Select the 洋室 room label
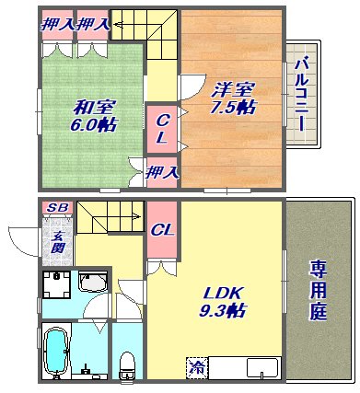pyautogui.click(x=231, y=89)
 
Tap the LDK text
pyautogui.click(x=221, y=294)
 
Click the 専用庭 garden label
pyautogui.click(x=319, y=290)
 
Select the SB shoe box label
pyautogui.click(x=55, y=209)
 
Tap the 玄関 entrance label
pyautogui.click(x=57, y=241)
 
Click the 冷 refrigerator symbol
pyautogui.click(x=196, y=366)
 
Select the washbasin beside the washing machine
pyautogui.click(x=93, y=283)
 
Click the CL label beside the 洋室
pyautogui.click(x=161, y=128)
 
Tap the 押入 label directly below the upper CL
pyautogui.click(x=163, y=170)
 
